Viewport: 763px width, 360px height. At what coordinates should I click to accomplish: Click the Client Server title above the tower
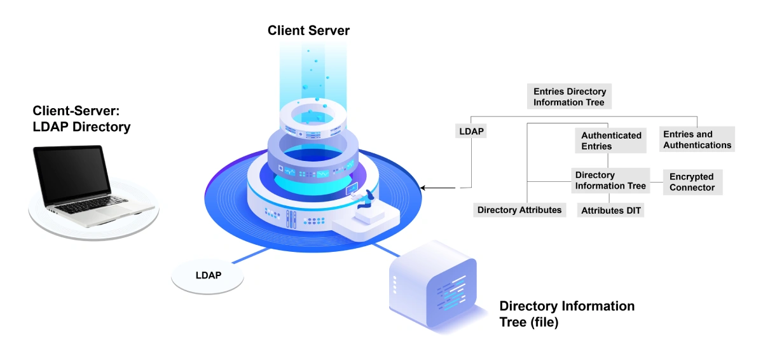[308, 31]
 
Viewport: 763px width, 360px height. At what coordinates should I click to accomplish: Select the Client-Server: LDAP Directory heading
[81, 119]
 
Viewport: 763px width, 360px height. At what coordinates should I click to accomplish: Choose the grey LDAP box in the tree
[471, 132]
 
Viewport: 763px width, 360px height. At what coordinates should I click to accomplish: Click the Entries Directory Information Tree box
[569, 97]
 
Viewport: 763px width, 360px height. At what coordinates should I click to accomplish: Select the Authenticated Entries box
[612, 141]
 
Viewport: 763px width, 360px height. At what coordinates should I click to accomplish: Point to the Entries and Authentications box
[697, 139]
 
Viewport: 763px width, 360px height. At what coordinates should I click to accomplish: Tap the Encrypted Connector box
[692, 182]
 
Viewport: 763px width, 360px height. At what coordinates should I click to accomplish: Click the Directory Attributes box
[519, 210]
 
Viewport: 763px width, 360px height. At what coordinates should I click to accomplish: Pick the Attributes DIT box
[610, 211]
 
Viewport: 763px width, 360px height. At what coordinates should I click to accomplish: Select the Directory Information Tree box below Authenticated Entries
[610, 180]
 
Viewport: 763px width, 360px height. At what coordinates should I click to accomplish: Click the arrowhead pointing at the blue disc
[425, 188]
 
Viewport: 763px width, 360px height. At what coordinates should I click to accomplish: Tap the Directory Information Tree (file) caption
[567, 314]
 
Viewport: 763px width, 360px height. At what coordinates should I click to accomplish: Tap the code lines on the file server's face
[454, 294]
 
